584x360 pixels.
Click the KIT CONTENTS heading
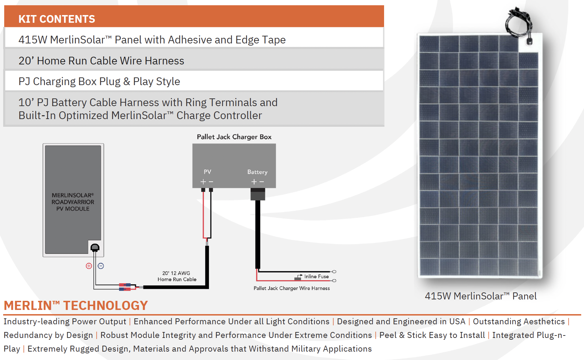tap(57, 19)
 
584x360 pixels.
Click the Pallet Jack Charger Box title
tap(234, 137)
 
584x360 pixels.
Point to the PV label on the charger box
tap(207, 172)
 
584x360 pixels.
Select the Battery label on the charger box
tap(257, 172)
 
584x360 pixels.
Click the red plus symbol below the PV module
tap(89, 266)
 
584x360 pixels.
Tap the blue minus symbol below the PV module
tap(100, 266)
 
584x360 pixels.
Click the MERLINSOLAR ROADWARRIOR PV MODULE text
tap(73, 202)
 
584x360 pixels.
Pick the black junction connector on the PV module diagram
tap(95, 247)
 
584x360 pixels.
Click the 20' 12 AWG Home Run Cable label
tap(177, 276)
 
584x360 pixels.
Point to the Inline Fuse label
tap(317, 277)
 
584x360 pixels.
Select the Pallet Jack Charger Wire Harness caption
tap(292, 288)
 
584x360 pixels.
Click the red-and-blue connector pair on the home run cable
tap(125, 287)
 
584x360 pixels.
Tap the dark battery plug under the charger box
tap(258, 194)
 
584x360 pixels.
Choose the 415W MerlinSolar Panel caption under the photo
tap(480, 296)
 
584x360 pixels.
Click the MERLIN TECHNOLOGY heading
tap(76, 305)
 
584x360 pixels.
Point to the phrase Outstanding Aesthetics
tap(519, 321)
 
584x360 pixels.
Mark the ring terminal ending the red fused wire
tap(334, 281)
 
